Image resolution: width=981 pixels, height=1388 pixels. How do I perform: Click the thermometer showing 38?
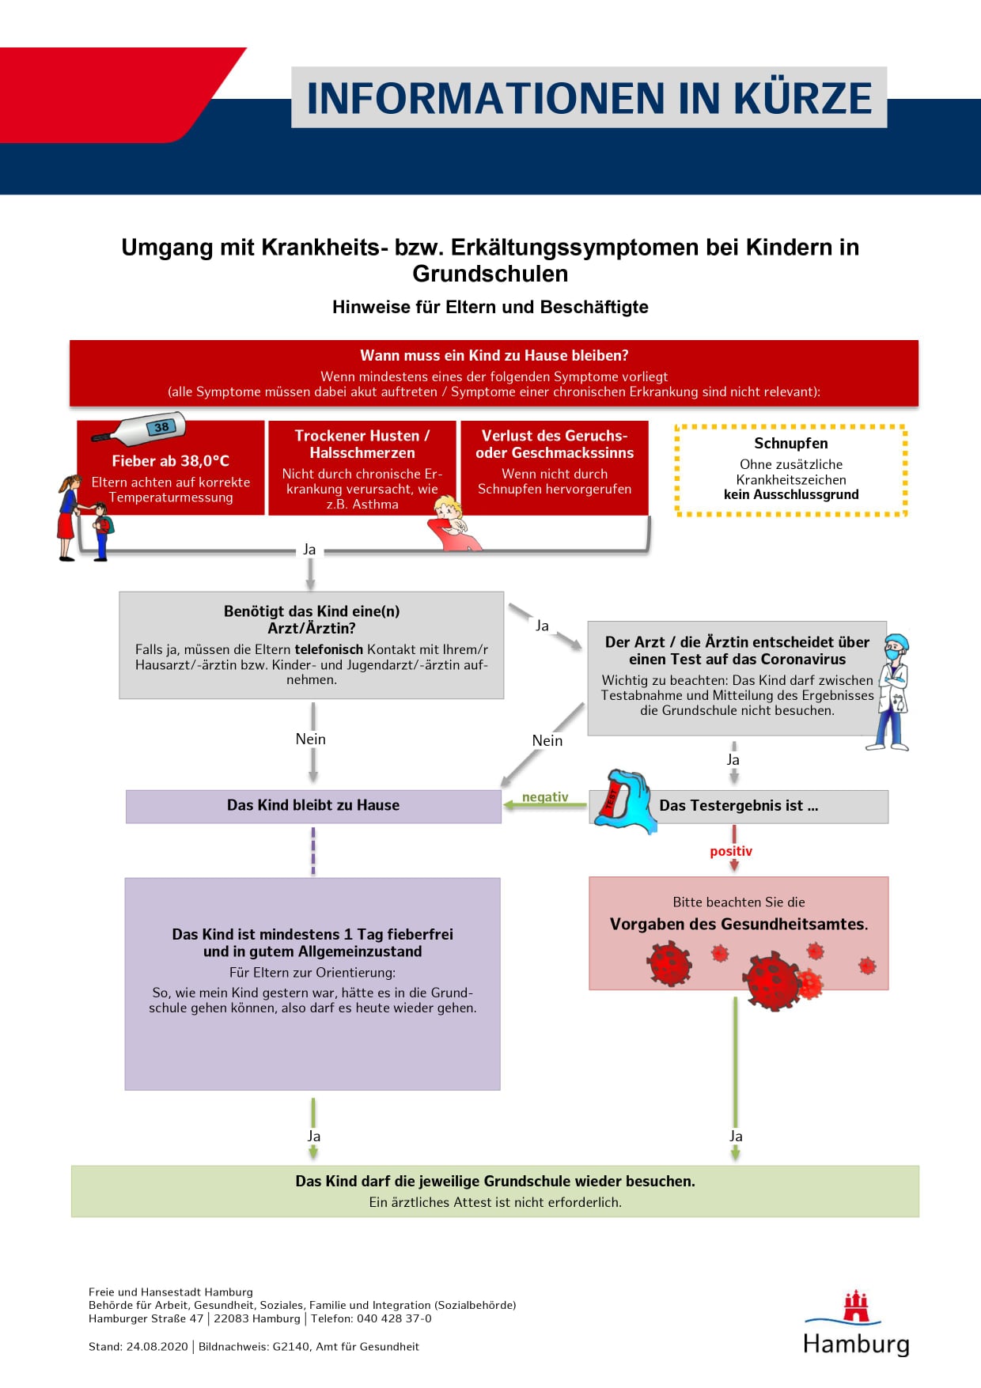pos(139,429)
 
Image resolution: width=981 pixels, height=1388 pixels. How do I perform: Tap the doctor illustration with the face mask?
pos(890,691)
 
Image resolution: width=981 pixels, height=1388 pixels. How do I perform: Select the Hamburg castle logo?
pos(856,1307)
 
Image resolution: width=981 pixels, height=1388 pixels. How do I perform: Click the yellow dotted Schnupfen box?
pos(791,471)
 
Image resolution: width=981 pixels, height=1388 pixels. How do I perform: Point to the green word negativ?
pos(545,796)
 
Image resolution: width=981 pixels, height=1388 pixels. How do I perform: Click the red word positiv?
pos(731,851)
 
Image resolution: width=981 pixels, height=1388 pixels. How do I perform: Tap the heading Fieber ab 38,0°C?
pos(171,461)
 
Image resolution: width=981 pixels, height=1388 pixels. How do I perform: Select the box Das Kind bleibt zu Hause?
pos(313,806)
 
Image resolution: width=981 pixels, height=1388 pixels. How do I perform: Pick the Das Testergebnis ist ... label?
pos(739,806)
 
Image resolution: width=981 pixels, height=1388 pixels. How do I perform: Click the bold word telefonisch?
pos(329,649)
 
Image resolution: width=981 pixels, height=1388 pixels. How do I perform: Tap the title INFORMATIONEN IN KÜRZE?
pos(589,98)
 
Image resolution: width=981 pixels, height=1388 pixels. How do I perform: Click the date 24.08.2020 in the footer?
pos(157,1347)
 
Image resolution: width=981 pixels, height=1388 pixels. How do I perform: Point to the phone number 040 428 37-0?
pos(395,1318)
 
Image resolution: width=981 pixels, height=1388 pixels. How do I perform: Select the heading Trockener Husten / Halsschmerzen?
pos(362,444)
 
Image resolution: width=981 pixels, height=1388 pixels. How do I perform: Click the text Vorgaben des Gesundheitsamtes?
pos(739,924)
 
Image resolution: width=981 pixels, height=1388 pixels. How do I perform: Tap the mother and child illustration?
pos(84,518)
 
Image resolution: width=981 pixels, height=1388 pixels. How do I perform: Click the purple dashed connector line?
pos(313,851)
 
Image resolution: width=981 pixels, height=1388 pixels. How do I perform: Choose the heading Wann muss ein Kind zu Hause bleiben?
pos(494,356)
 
